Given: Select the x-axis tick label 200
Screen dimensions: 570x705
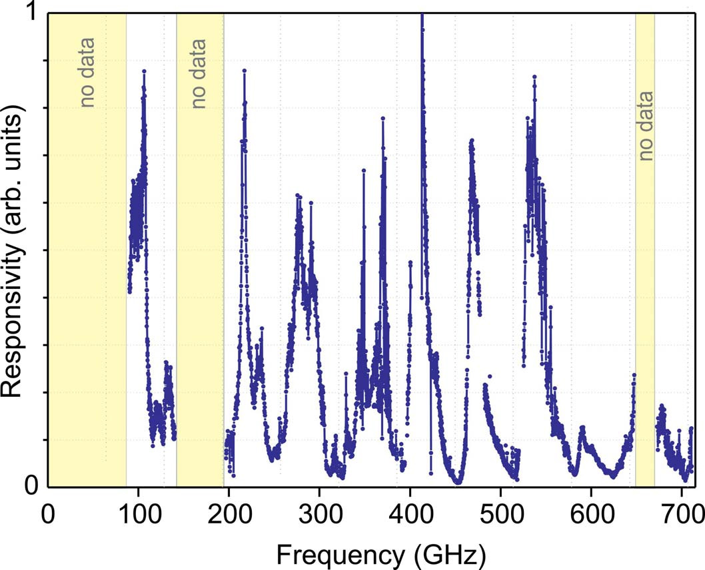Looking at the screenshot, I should [x=229, y=515].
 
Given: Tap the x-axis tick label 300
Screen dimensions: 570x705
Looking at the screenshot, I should [x=319, y=515].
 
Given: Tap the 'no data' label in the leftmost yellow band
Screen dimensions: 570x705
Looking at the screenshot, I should [x=87, y=73].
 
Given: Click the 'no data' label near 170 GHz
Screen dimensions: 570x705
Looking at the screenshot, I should [x=198, y=73].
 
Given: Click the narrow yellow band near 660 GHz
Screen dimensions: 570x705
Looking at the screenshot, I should [x=645, y=300].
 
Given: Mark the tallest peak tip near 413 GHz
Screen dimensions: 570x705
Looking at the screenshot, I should [x=422, y=15].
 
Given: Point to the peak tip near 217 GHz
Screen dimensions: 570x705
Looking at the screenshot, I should [x=245, y=70].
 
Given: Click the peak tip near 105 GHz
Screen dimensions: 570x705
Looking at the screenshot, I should [x=143, y=71].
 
